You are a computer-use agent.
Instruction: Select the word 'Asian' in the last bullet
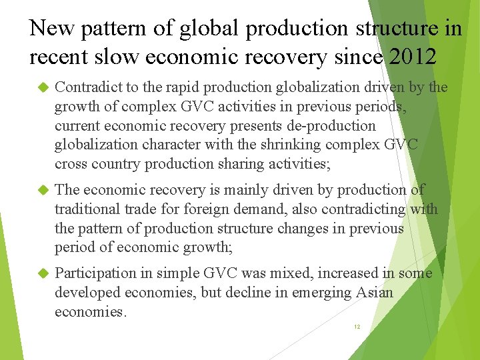pos(375,293)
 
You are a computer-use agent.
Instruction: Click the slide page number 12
pos(357,327)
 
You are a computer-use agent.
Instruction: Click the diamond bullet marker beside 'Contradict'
pos(43,88)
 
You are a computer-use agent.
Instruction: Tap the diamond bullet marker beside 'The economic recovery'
pos(43,190)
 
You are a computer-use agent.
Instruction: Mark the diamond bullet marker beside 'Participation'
pos(43,273)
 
